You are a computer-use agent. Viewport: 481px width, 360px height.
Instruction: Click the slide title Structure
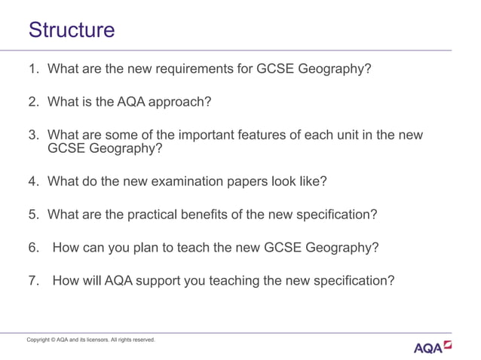point(72,30)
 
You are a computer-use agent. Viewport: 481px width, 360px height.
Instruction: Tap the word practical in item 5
point(138,215)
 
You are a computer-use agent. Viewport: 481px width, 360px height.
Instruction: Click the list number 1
point(32,70)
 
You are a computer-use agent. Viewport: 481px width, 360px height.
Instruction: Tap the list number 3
point(32,136)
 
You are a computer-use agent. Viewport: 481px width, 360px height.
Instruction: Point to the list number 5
point(32,215)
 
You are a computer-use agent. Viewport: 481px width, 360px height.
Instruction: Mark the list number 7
point(32,281)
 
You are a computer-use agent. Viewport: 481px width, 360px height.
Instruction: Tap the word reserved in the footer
point(142,340)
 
